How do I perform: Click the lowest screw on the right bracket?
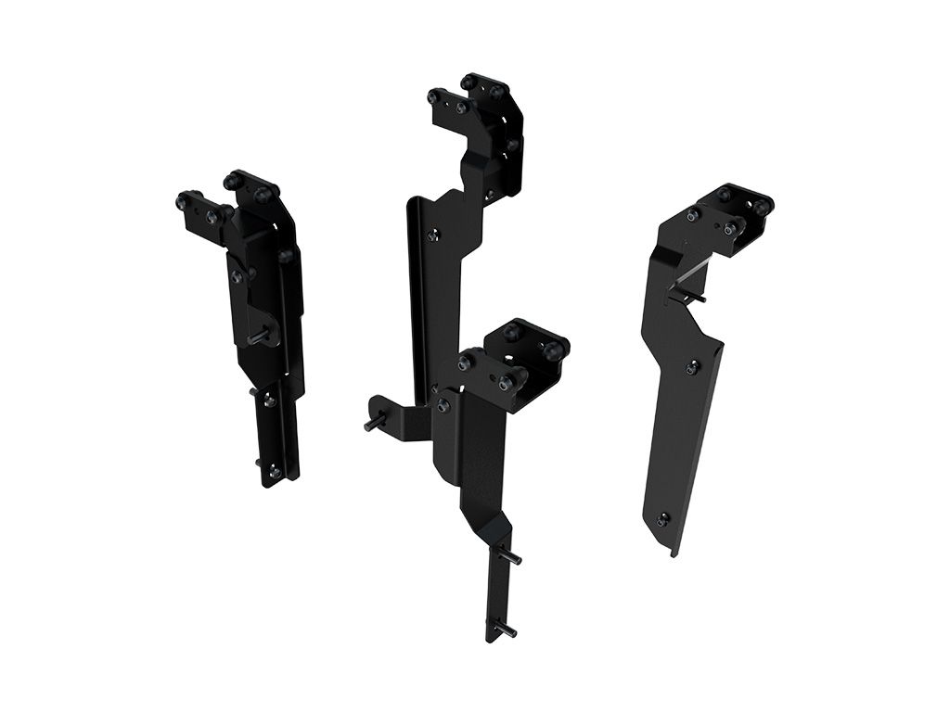[x=661, y=519]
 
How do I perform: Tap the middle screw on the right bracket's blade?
[x=692, y=368]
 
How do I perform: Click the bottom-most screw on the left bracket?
[x=275, y=473]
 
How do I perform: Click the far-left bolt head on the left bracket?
[x=183, y=199]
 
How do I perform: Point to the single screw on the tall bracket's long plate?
[x=432, y=235]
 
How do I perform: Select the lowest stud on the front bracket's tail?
[x=508, y=630]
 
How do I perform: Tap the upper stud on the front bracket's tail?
[x=512, y=558]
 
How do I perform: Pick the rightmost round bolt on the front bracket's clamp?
[x=554, y=349]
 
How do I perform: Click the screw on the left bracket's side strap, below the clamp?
[x=238, y=276]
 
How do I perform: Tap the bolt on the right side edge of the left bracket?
[x=287, y=255]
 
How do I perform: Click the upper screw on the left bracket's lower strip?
[x=267, y=400]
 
